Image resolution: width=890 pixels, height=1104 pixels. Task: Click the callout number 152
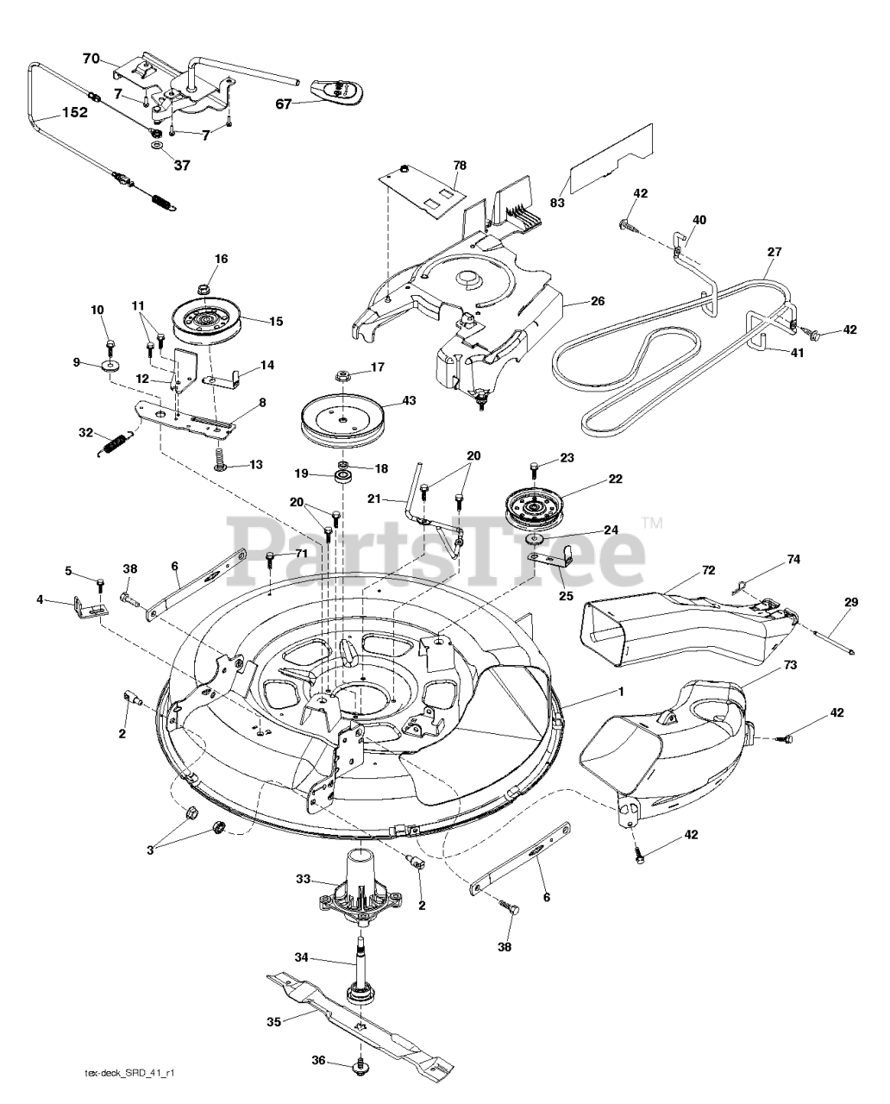(x=73, y=113)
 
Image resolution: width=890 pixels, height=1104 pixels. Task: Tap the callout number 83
(x=557, y=204)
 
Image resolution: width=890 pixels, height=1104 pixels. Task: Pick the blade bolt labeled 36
(x=358, y=1069)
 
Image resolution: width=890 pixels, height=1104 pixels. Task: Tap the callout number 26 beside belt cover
(x=598, y=301)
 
